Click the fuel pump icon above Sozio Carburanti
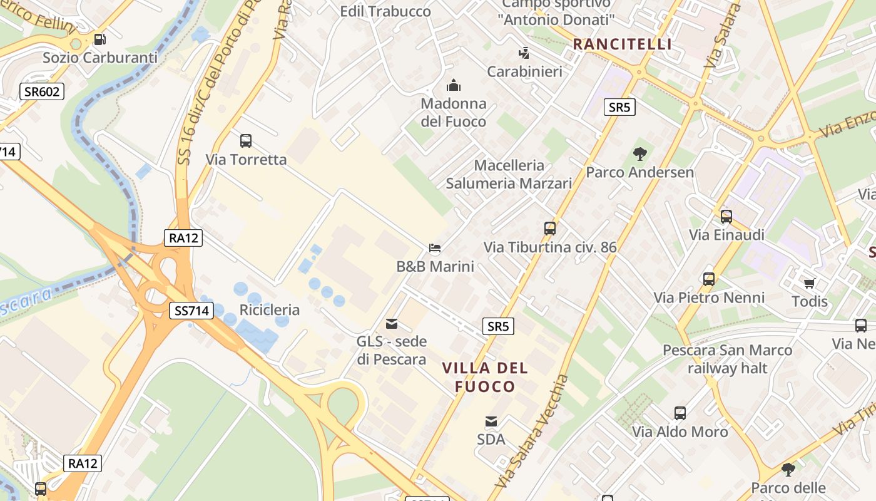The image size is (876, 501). [99, 39]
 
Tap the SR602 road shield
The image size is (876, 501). [42, 92]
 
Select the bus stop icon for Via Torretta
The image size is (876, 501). [246, 141]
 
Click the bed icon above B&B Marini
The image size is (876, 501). [435, 248]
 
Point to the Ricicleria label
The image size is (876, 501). [270, 310]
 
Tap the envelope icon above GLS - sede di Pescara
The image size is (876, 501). [392, 324]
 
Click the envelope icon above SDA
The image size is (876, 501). [491, 421]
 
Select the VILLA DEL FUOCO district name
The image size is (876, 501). [486, 377]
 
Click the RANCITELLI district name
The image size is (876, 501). [623, 44]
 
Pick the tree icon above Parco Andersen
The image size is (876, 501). [639, 153]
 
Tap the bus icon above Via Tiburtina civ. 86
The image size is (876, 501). [550, 229]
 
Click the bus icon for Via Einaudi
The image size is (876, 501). [726, 217]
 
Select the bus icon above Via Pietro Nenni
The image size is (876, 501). [709, 279]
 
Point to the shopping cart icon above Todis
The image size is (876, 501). [810, 283]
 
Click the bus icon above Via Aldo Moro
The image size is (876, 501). [680, 413]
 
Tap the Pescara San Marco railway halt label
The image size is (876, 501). [728, 359]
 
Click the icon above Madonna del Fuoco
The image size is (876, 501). [453, 85]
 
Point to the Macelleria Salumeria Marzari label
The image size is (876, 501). [509, 174]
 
